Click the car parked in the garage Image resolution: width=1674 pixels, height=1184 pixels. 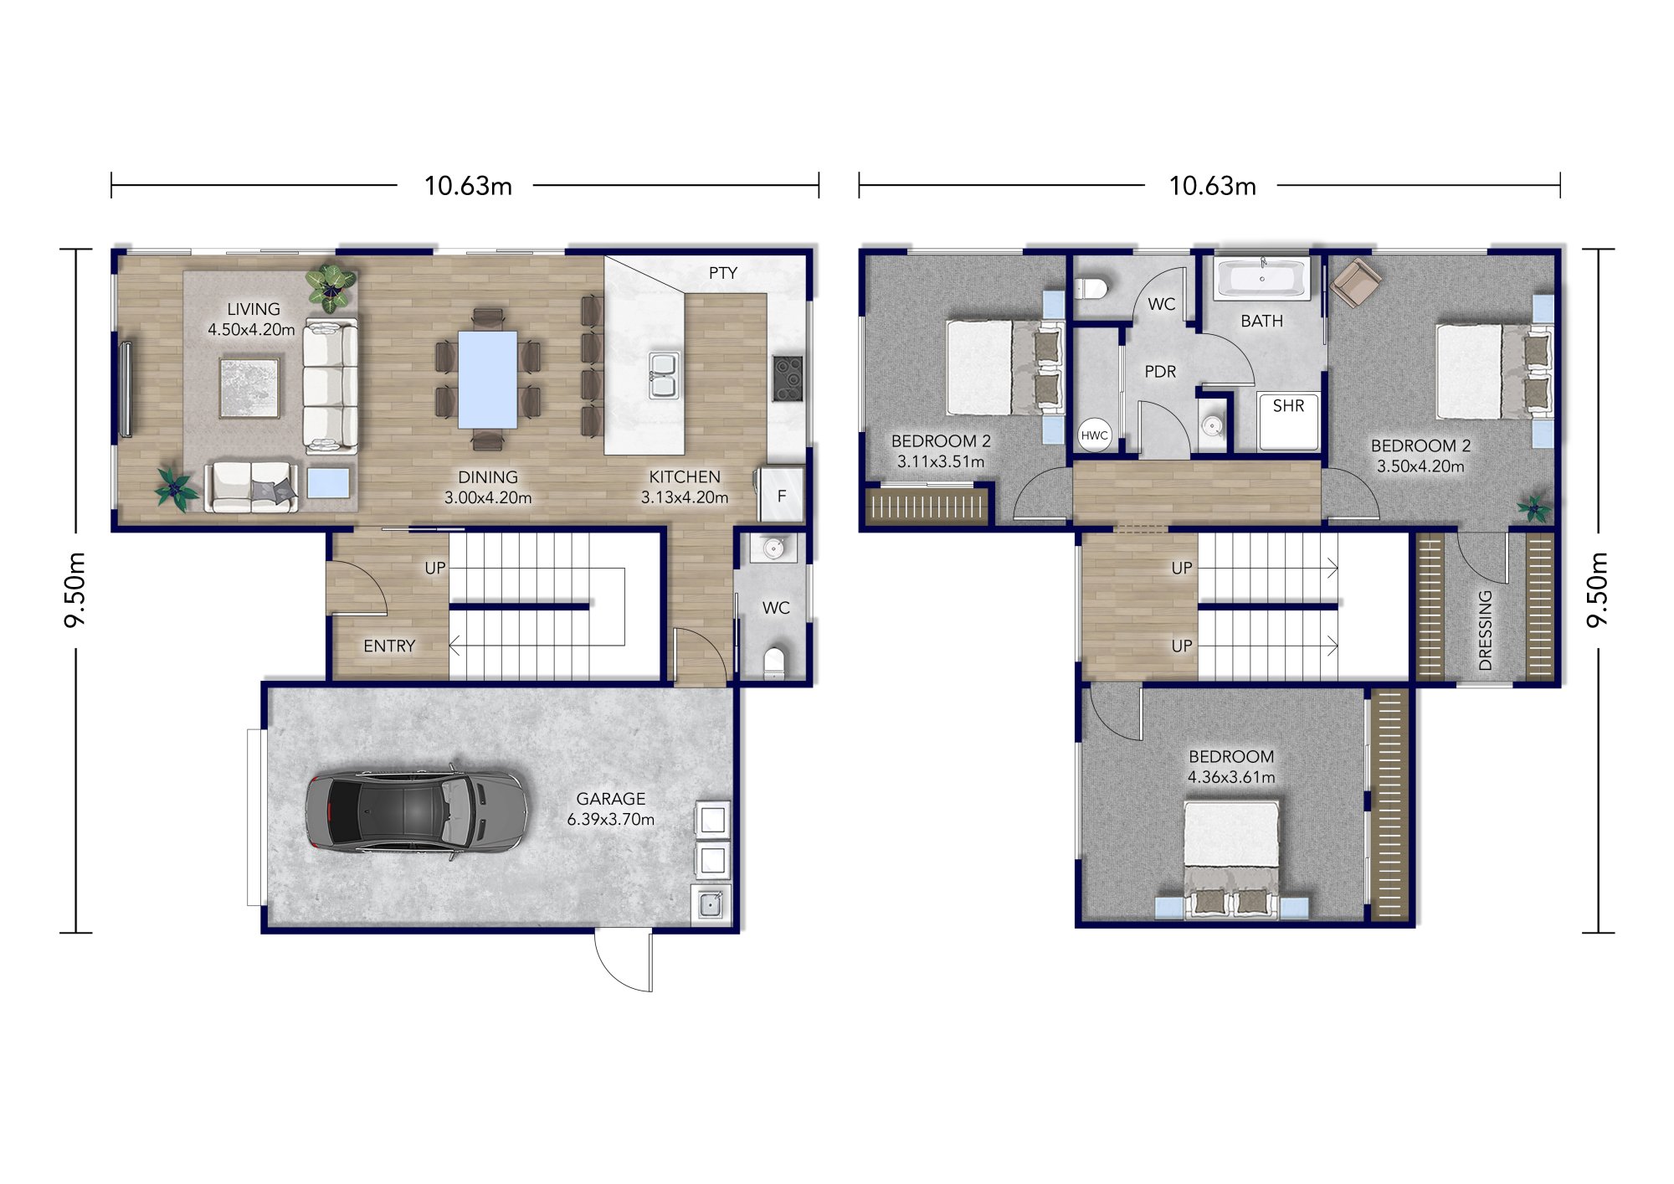[x=415, y=811]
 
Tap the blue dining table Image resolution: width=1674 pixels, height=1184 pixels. [x=487, y=379]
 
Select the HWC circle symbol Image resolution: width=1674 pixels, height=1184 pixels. [x=1094, y=435]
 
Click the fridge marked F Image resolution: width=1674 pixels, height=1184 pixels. [x=781, y=496]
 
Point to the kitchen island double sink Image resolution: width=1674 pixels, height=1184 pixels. [x=664, y=375]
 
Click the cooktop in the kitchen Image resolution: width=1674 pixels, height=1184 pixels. [x=788, y=378]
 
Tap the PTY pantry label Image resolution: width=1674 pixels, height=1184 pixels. [x=722, y=273]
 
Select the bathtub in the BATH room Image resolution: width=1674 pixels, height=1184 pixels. [x=1262, y=279]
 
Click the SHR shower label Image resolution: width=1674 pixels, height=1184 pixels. [x=1288, y=406]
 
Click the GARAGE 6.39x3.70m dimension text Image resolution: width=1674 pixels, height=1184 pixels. [x=610, y=819]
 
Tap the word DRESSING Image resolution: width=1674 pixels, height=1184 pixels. [x=1485, y=630]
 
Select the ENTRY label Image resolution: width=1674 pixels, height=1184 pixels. [x=389, y=646]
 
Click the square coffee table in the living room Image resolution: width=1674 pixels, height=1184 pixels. [x=249, y=388]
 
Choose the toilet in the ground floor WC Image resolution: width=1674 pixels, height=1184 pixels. [x=775, y=661]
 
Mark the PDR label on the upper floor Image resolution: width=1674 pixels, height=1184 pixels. [x=1160, y=372]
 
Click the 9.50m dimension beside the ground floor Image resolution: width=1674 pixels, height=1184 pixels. [x=75, y=589]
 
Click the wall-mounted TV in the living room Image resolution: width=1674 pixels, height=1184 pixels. [x=126, y=389]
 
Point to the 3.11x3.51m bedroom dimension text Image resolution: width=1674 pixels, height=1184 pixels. [x=940, y=461]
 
